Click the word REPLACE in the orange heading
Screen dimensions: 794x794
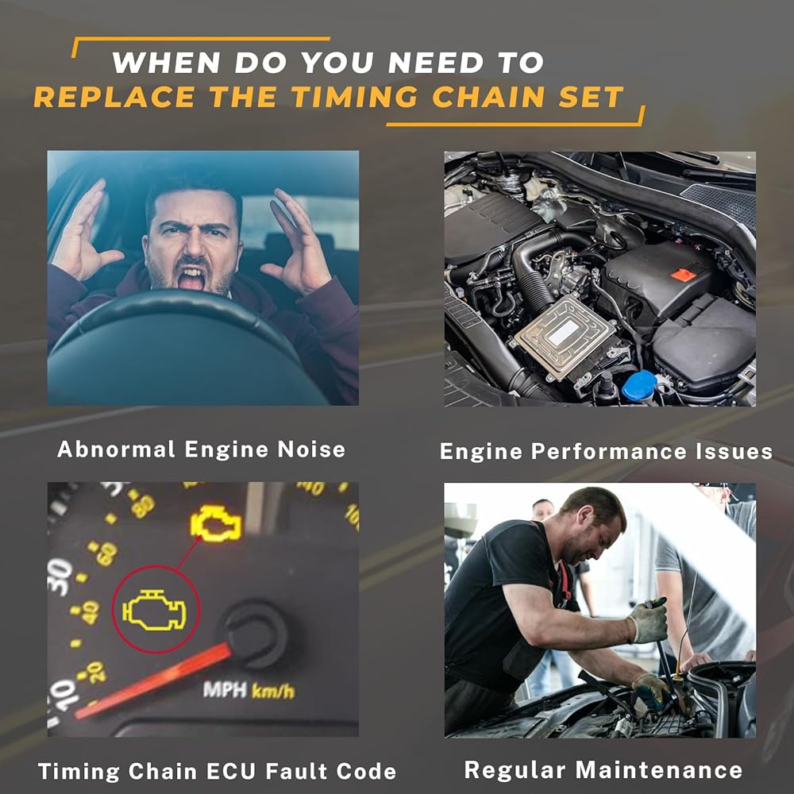coord(114,97)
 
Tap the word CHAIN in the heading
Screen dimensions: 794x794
coord(488,97)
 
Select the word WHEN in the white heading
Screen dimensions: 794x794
coord(166,63)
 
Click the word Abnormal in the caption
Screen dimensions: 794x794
coord(116,449)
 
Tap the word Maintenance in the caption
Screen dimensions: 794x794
coord(659,769)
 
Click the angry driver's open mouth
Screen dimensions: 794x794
coord(191,277)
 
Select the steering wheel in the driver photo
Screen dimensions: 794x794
coord(177,349)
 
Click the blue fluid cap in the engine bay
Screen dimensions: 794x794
coord(639,386)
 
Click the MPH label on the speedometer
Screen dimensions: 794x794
coord(225,690)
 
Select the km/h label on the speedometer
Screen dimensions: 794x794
coord(272,691)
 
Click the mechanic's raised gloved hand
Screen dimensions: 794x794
coord(648,619)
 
